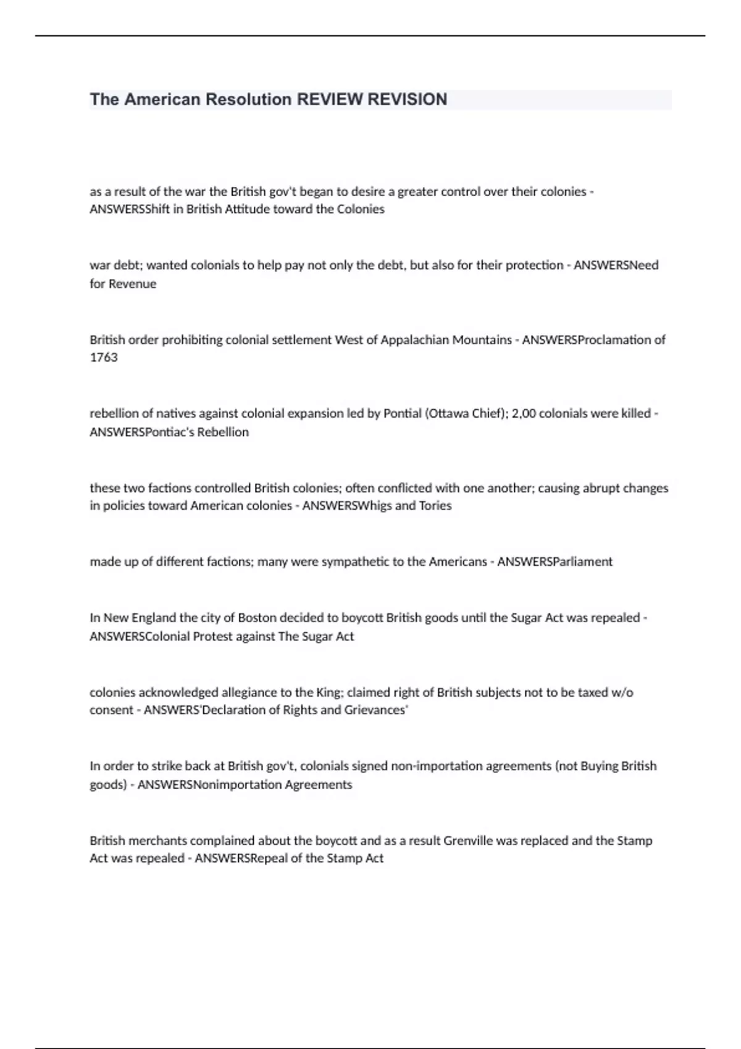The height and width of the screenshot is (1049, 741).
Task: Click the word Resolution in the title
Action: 248,99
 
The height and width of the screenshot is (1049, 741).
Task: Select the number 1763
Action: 103,357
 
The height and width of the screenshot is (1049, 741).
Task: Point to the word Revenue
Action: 133,284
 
